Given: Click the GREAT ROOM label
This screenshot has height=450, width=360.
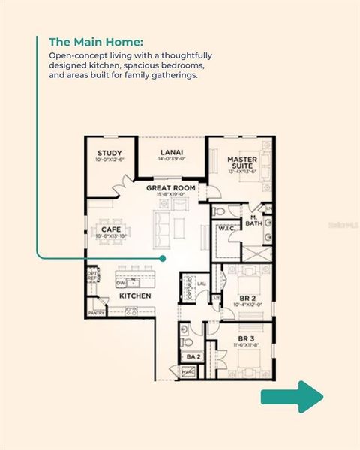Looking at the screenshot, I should click(171, 187).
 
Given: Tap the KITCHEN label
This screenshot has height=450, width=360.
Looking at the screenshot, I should click(136, 295).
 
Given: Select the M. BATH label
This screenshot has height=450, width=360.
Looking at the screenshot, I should click(256, 220).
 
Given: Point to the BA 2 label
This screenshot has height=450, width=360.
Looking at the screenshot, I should click(191, 356).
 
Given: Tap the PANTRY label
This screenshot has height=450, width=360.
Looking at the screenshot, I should click(96, 312).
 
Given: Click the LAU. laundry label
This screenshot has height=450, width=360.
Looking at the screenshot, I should click(201, 283).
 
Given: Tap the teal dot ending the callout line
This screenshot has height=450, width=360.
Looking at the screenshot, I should click(163, 258).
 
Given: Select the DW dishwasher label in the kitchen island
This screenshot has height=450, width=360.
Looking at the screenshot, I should click(120, 283).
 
